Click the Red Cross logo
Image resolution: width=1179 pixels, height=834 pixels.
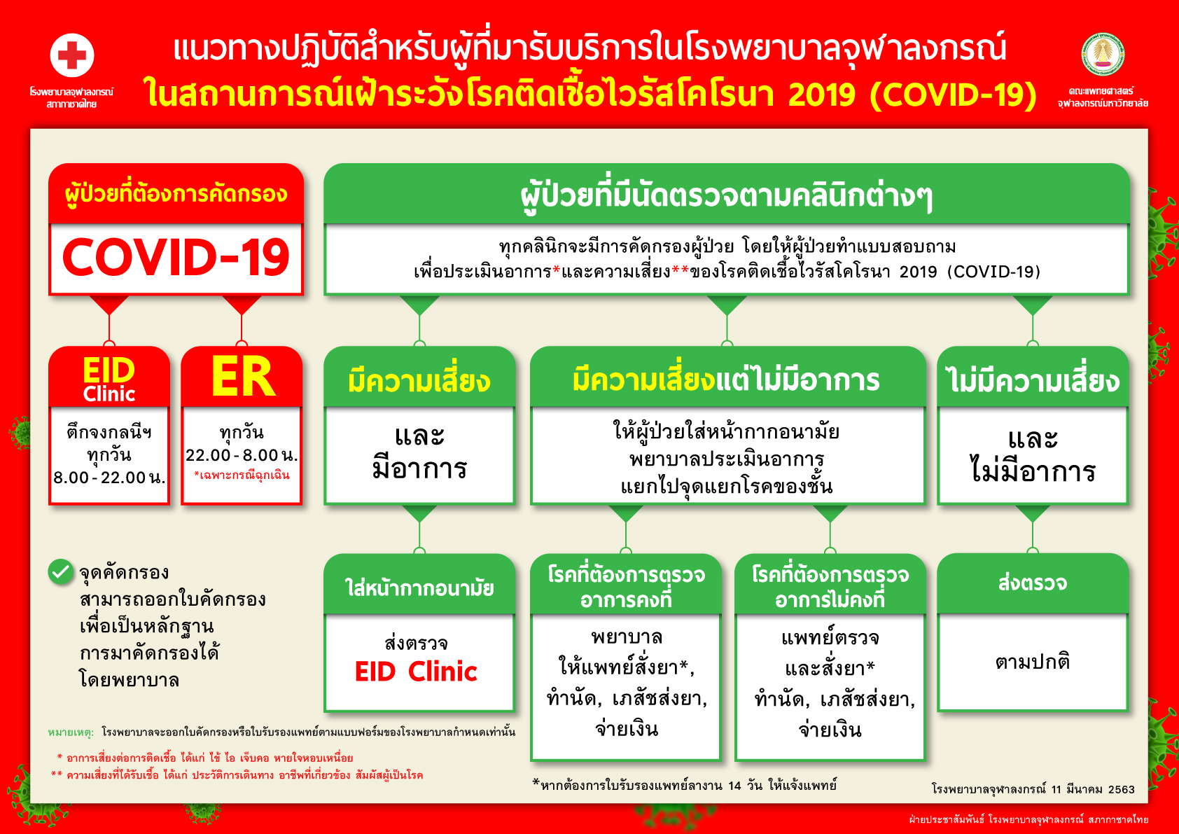pyautogui.click(x=72, y=55)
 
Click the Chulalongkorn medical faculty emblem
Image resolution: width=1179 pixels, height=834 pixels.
pyautogui.click(x=1103, y=55)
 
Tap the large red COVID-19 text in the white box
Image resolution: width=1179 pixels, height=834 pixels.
pyautogui.click(x=176, y=257)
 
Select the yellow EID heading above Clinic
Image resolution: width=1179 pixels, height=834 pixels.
pyautogui.click(x=109, y=370)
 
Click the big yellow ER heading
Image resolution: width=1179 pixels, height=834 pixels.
pyautogui.click(x=243, y=377)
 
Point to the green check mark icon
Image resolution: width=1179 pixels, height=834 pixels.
pyautogui.click(x=60, y=572)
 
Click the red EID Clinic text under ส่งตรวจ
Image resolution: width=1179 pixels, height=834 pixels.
pyautogui.click(x=416, y=672)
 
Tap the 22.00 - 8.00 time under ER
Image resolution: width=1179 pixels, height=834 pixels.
pyautogui.click(x=242, y=455)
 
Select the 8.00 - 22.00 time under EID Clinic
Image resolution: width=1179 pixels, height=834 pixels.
pyautogui.click(x=109, y=478)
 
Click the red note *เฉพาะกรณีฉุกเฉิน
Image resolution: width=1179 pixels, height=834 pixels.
pyautogui.click(x=242, y=475)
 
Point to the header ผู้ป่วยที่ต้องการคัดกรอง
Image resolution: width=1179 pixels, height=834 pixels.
pyautogui.click(x=176, y=195)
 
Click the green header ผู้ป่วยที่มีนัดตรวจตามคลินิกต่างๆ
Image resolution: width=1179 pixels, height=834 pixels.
pyautogui.click(x=726, y=196)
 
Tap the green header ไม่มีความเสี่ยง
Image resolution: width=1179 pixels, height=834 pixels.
pyautogui.click(x=1033, y=380)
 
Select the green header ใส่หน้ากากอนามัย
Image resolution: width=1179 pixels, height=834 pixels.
pyautogui.click(x=419, y=588)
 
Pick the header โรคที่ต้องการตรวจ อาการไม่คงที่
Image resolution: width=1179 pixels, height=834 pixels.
pyautogui.click(x=830, y=587)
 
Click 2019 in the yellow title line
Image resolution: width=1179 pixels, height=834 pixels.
pyautogui.click(x=822, y=95)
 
